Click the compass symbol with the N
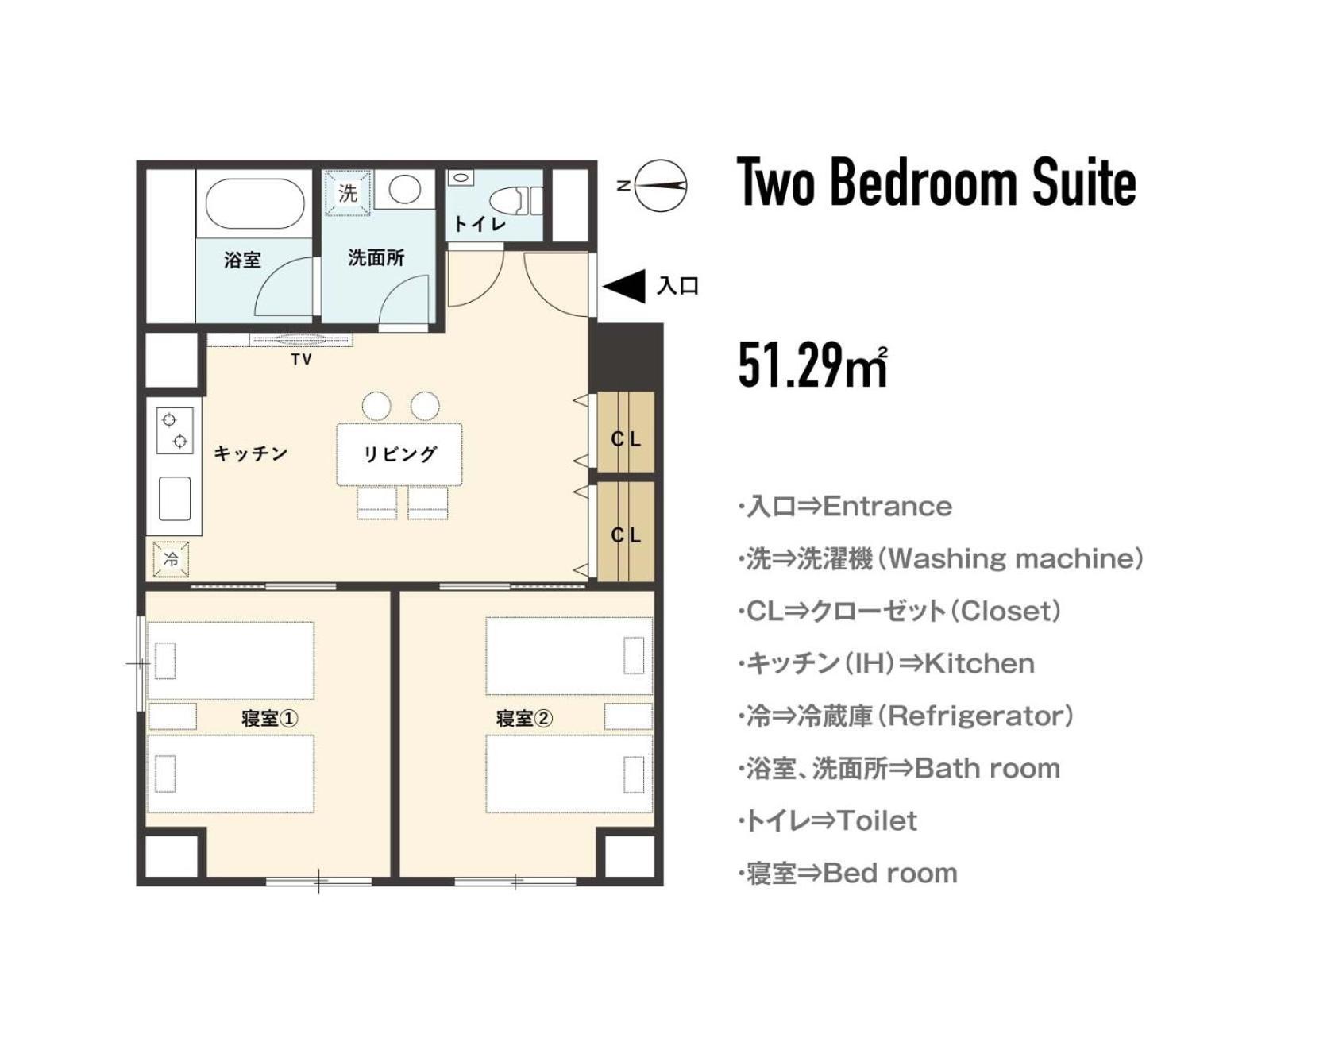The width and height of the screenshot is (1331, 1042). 662,185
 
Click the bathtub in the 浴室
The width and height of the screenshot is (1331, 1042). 255,203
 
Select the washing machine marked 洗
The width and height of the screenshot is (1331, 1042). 348,192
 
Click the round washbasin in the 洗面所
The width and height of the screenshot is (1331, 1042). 405,190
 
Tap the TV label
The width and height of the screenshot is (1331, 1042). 301,360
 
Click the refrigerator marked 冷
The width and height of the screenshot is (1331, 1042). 172,559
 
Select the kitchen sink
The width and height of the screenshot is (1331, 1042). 175,499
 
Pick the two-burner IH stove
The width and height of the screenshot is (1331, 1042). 175,430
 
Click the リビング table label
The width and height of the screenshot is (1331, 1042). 400,454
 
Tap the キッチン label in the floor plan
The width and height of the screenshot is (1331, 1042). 251,453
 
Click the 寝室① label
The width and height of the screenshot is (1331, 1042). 269,719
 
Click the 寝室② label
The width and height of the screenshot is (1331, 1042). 523,719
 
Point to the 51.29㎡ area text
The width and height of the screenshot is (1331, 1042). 812,365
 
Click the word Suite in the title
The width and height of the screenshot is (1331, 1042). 1085,182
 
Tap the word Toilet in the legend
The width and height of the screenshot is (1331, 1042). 877,820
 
